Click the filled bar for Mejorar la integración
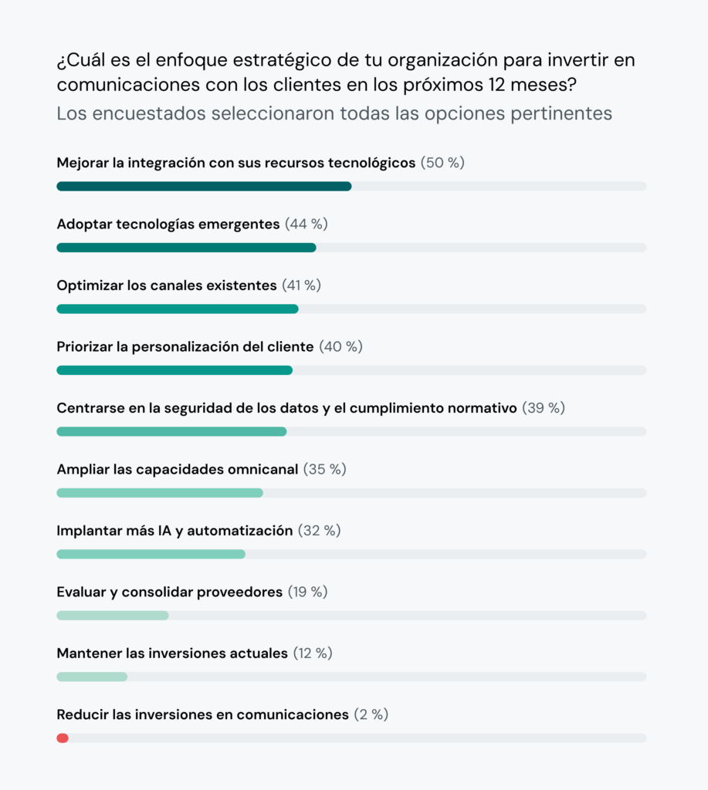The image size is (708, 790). click(x=204, y=186)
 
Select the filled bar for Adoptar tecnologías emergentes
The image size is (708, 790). click(x=186, y=248)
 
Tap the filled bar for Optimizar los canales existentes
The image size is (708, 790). click(x=178, y=309)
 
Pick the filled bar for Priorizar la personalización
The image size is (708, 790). click(x=174, y=370)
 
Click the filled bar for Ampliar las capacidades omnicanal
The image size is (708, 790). click(x=160, y=493)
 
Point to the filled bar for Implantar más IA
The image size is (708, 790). click(x=151, y=554)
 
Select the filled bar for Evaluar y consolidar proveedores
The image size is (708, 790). click(x=113, y=616)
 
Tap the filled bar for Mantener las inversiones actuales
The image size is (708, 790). click(x=92, y=677)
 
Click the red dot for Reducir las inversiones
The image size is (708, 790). click(x=63, y=738)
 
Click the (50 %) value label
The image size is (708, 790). click(x=442, y=163)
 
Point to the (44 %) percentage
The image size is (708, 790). click(x=307, y=224)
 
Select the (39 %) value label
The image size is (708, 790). click(x=544, y=408)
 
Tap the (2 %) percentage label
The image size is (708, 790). click(x=371, y=714)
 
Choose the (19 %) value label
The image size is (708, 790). click(x=307, y=592)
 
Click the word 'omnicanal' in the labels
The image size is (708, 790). click(x=262, y=469)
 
